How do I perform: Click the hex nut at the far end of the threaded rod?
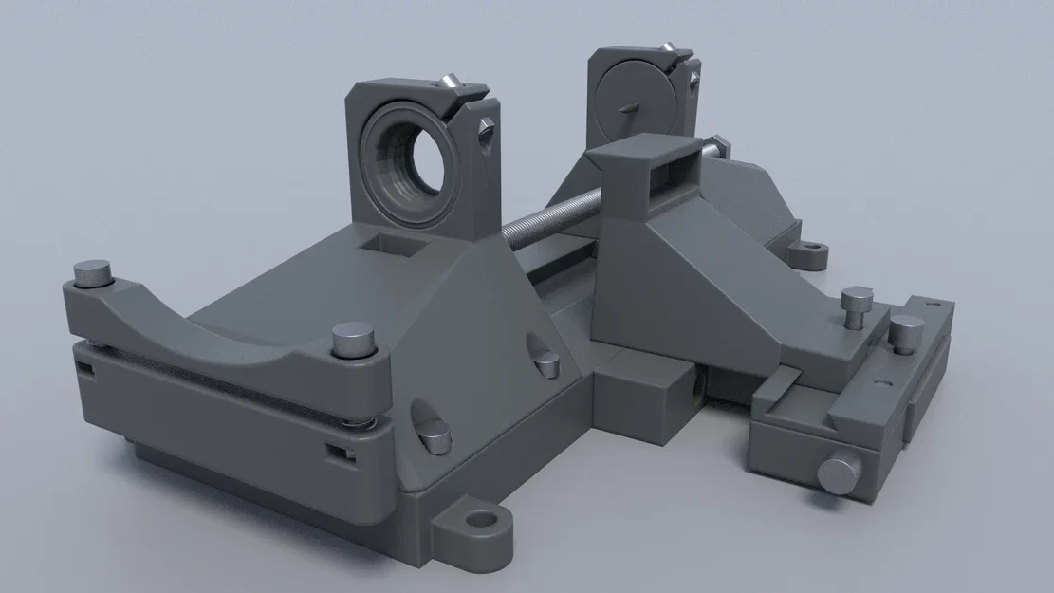[716, 147]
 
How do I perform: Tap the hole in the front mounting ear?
[483, 520]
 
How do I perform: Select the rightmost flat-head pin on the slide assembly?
[905, 331]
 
